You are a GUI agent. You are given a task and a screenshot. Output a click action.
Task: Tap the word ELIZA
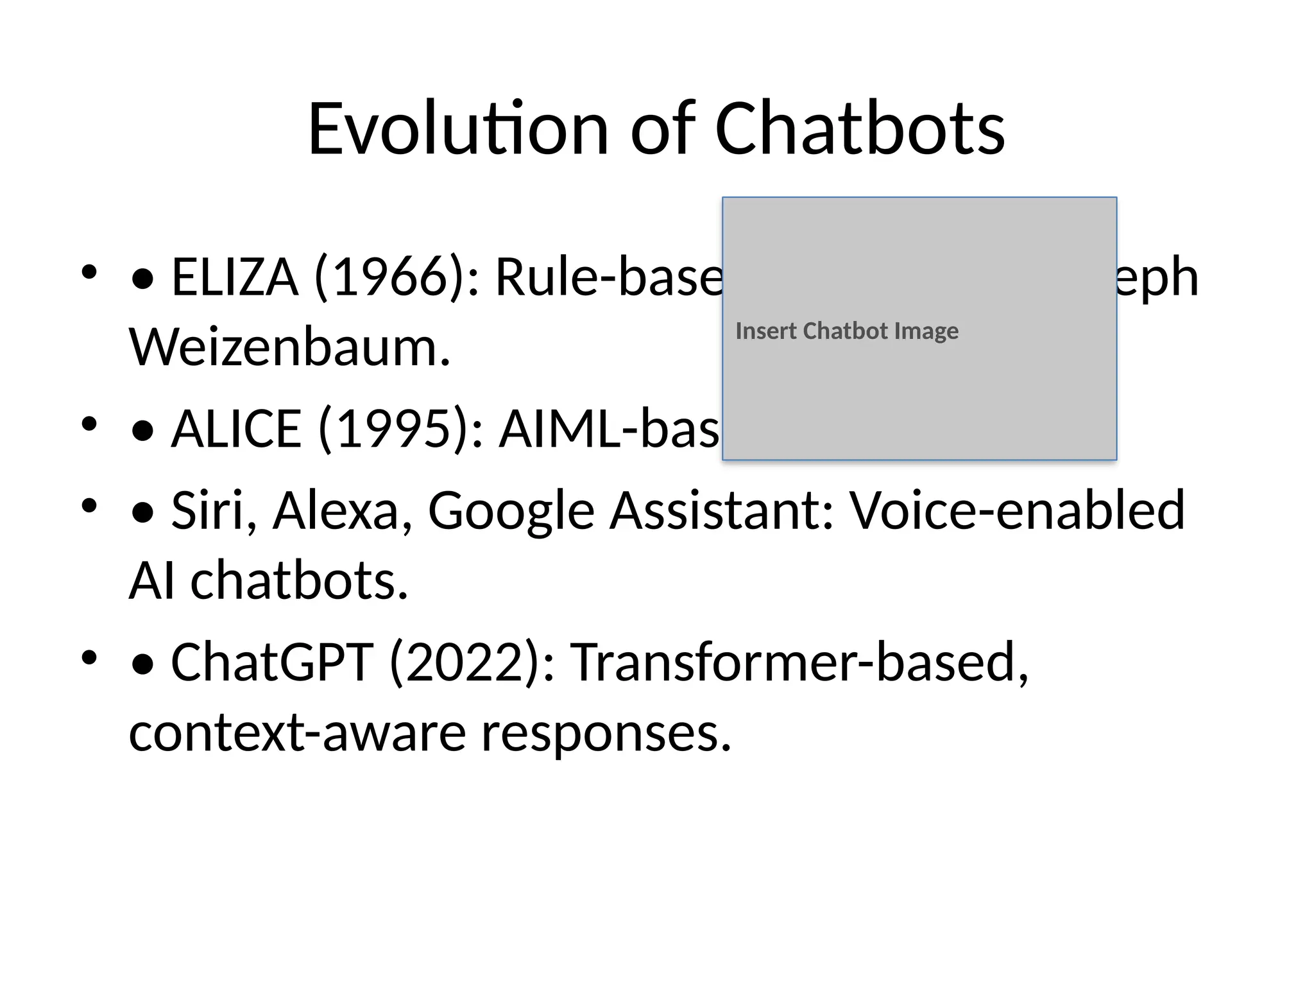point(235,277)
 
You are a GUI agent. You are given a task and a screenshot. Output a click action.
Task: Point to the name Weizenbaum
point(289,347)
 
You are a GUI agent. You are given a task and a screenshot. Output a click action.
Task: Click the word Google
point(511,511)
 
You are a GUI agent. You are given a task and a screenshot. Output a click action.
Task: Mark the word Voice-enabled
point(1017,510)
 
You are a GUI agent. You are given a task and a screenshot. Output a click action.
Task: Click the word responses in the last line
point(606,734)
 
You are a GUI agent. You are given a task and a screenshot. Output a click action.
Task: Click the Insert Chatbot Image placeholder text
point(846,331)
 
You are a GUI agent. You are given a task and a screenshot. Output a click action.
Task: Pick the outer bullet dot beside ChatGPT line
point(89,657)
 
